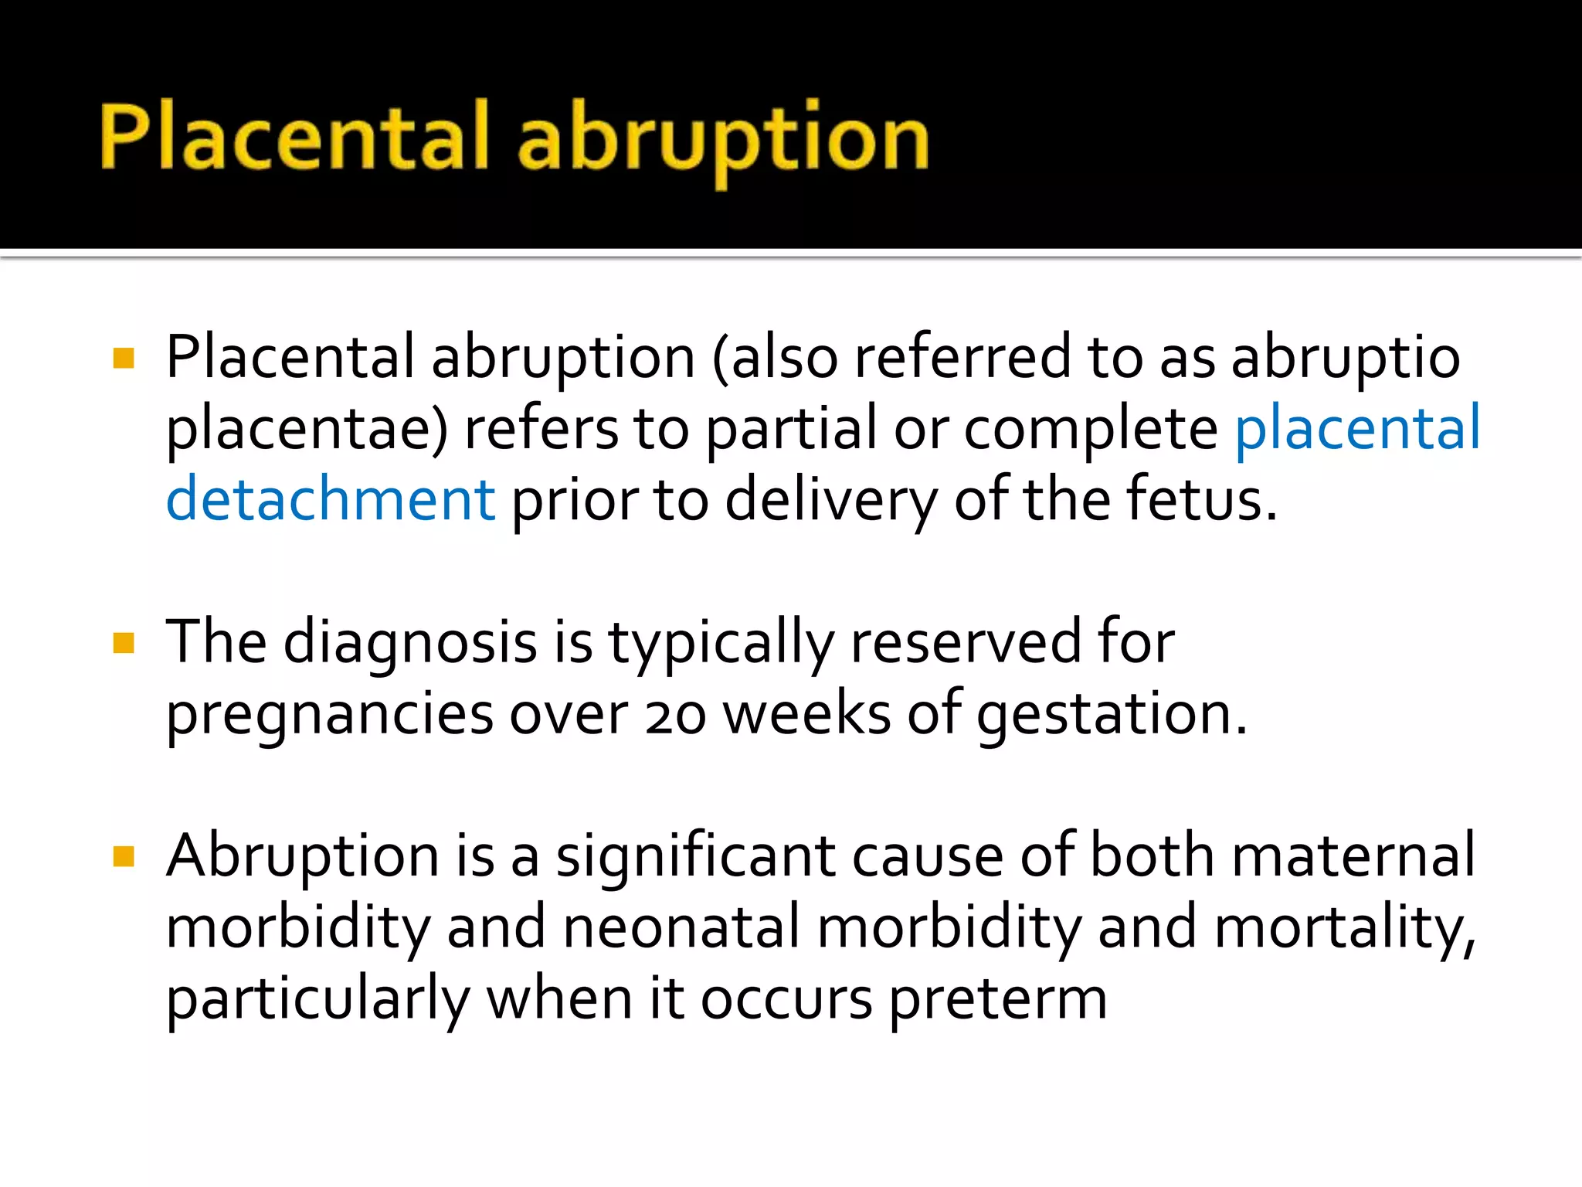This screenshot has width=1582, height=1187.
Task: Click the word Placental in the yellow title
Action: [294, 138]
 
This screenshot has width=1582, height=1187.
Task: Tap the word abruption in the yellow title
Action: [723, 139]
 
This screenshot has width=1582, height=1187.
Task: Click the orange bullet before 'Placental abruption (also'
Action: [124, 358]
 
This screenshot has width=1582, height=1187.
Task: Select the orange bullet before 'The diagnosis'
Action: [124, 643]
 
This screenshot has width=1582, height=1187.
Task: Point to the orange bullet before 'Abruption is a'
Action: [124, 856]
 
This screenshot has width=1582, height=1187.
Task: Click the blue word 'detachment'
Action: [331, 499]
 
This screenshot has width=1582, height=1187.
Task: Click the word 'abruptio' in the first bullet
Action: [1345, 358]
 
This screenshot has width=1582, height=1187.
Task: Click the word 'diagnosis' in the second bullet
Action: [410, 643]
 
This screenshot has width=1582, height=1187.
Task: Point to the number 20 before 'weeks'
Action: [675, 715]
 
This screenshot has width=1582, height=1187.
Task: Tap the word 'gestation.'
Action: [1112, 715]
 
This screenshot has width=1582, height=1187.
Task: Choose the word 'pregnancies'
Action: [329, 715]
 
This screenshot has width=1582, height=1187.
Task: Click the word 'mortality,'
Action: [1345, 927]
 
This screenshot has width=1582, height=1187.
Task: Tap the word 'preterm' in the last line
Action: [998, 999]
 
